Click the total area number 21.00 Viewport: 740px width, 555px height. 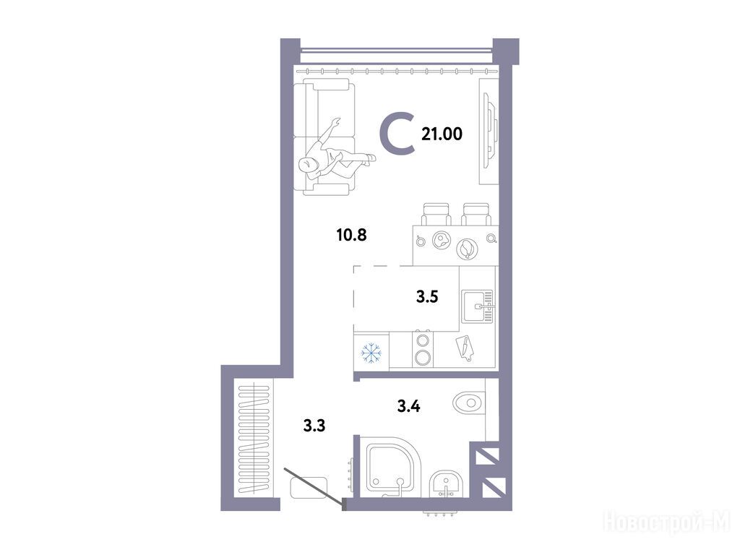coord(442,134)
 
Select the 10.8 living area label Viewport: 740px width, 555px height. coord(352,235)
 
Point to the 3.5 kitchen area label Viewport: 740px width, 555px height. coord(427,296)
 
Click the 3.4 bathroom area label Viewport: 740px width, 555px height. coord(409,406)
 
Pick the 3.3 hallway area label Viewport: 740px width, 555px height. coord(314,426)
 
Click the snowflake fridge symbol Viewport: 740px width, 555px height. coord(371,353)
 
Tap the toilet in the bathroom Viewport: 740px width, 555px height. coord(469,403)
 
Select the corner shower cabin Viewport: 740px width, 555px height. coord(391,468)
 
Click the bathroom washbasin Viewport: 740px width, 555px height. coord(447,484)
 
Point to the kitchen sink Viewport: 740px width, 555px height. coord(478,306)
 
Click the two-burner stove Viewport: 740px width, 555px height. coord(423,349)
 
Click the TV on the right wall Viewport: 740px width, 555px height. coord(491,131)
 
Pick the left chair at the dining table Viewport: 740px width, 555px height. coord(436,214)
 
